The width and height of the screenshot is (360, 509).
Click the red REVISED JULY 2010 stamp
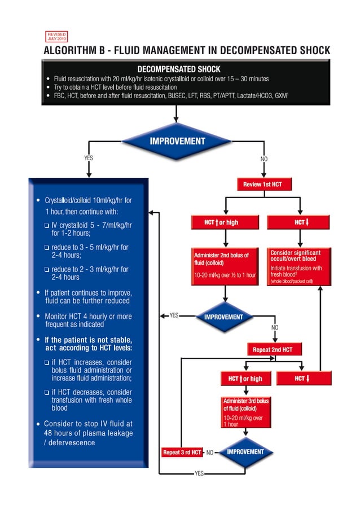pyautogui.click(x=57, y=37)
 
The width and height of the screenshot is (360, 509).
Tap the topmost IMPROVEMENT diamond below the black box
pyautogui.click(x=177, y=141)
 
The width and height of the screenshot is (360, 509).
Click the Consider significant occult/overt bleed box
pyautogui.click(x=299, y=266)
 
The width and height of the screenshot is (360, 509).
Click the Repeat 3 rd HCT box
pyautogui.click(x=182, y=452)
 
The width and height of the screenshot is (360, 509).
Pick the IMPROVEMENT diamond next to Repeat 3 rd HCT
pyautogui.click(x=245, y=452)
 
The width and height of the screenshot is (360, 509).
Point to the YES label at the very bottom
pyautogui.click(x=199, y=473)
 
